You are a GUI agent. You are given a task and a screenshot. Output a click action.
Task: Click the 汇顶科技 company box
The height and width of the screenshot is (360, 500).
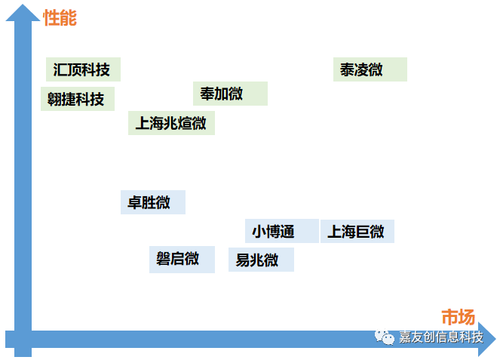click(83, 69)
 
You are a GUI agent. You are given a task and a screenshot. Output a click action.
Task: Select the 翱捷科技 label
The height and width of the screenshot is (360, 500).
click(77, 99)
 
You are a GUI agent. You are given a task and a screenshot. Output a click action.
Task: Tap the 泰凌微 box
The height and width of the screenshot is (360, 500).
click(370, 69)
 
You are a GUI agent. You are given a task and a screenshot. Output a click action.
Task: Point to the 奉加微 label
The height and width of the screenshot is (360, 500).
click(230, 94)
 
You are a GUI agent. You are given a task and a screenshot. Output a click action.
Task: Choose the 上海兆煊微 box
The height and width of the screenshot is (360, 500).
click(171, 122)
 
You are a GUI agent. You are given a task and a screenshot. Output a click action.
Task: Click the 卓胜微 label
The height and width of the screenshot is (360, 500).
click(152, 202)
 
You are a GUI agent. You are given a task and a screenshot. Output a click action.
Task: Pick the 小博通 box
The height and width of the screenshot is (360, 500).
click(281, 231)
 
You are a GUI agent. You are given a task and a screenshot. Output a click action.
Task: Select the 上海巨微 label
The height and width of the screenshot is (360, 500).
click(357, 231)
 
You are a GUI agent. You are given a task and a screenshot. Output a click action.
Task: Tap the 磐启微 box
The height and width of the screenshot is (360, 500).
click(182, 259)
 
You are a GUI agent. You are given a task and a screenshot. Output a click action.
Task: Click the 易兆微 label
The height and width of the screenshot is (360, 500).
click(261, 260)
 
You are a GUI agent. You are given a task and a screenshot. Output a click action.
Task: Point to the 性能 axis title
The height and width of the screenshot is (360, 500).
click(60, 17)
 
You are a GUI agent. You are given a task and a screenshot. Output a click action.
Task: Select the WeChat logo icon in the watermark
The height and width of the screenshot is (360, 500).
click(387, 337)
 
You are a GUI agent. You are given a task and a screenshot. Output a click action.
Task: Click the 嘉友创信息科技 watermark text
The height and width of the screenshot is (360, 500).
click(440, 337)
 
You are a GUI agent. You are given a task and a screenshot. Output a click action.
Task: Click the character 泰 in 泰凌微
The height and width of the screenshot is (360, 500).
click(348, 70)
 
